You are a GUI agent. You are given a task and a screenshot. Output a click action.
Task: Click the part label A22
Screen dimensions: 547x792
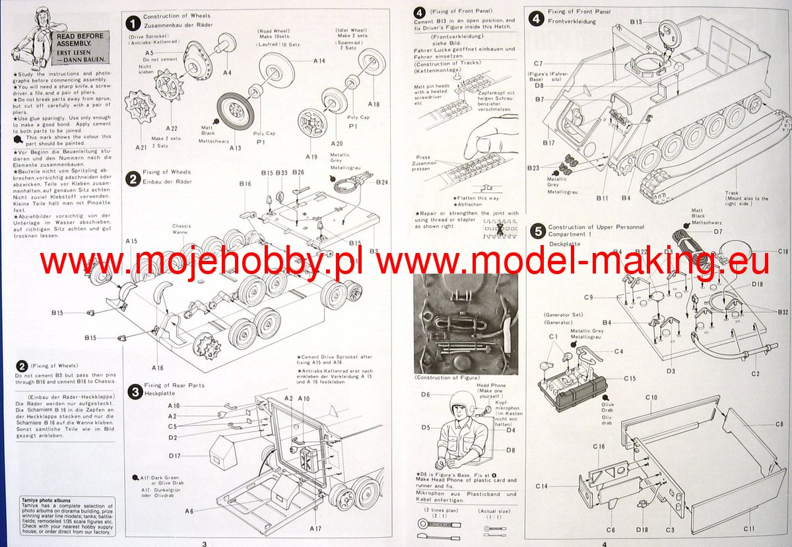pyautogui.click(x=172, y=128)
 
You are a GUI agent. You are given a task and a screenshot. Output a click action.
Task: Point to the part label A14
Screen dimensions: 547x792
pyautogui.click(x=319, y=61)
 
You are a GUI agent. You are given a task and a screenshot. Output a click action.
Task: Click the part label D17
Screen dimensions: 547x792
pyautogui.click(x=174, y=456)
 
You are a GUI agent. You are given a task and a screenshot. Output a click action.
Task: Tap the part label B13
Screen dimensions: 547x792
pyautogui.click(x=636, y=22)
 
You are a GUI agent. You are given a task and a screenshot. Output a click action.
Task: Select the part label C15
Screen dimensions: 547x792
pyautogui.click(x=629, y=379)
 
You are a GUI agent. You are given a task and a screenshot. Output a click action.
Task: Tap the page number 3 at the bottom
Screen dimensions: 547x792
pyautogui.click(x=205, y=543)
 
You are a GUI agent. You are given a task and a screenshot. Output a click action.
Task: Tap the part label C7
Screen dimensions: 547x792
pyautogui.click(x=538, y=63)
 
